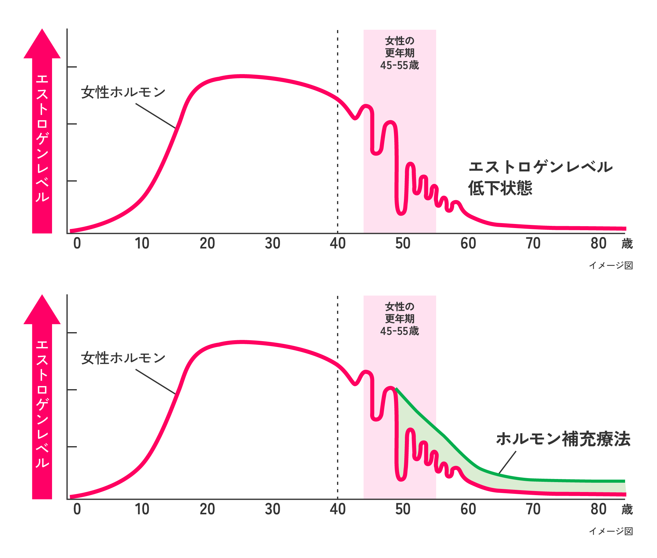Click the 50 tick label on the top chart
[402, 244]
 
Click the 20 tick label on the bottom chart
[207, 509]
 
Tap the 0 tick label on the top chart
[77, 244]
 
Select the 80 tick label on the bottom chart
[598, 509]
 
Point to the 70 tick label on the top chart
[533, 244]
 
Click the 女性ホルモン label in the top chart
[123, 92]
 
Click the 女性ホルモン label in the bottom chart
[123, 358]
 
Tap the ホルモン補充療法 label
[563, 439]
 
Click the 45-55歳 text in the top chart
[399, 65]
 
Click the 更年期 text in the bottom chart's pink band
[399, 319]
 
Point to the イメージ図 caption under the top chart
[611, 266]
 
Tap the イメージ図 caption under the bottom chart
[611, 531]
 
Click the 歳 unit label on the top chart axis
[627, 244]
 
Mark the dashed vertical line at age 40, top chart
[337, 158]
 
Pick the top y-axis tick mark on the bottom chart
[72, 333]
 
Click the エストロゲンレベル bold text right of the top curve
[540, 167]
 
